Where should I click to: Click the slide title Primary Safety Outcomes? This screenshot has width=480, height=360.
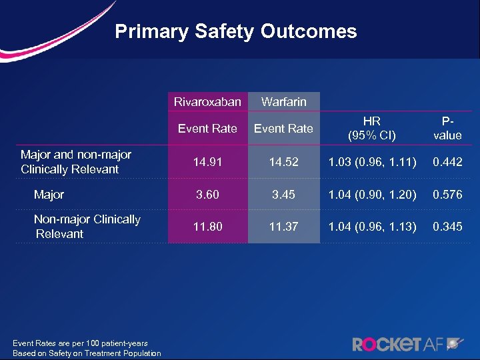(236, 31)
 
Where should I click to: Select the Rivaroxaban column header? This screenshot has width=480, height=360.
(207, 102)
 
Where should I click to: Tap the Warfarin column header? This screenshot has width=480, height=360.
(284, 102)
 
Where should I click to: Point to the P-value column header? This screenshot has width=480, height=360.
(447, 129)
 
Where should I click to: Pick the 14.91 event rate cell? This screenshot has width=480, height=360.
(207, 162)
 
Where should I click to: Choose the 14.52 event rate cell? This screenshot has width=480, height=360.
(284, 162)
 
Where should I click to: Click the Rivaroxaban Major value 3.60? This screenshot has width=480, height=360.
(207, 195)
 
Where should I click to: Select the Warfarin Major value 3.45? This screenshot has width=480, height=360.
(284, 195)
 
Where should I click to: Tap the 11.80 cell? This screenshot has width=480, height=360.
(207, 227)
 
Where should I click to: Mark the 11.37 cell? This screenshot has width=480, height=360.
(284, 227)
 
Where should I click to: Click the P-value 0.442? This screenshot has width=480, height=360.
(447, 162)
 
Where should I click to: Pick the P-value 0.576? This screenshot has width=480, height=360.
(447, 195)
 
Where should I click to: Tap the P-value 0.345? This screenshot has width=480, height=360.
(447, 227)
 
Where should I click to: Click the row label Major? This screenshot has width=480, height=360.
(49, 195)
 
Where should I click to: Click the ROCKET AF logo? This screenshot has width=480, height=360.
(407, 344)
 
